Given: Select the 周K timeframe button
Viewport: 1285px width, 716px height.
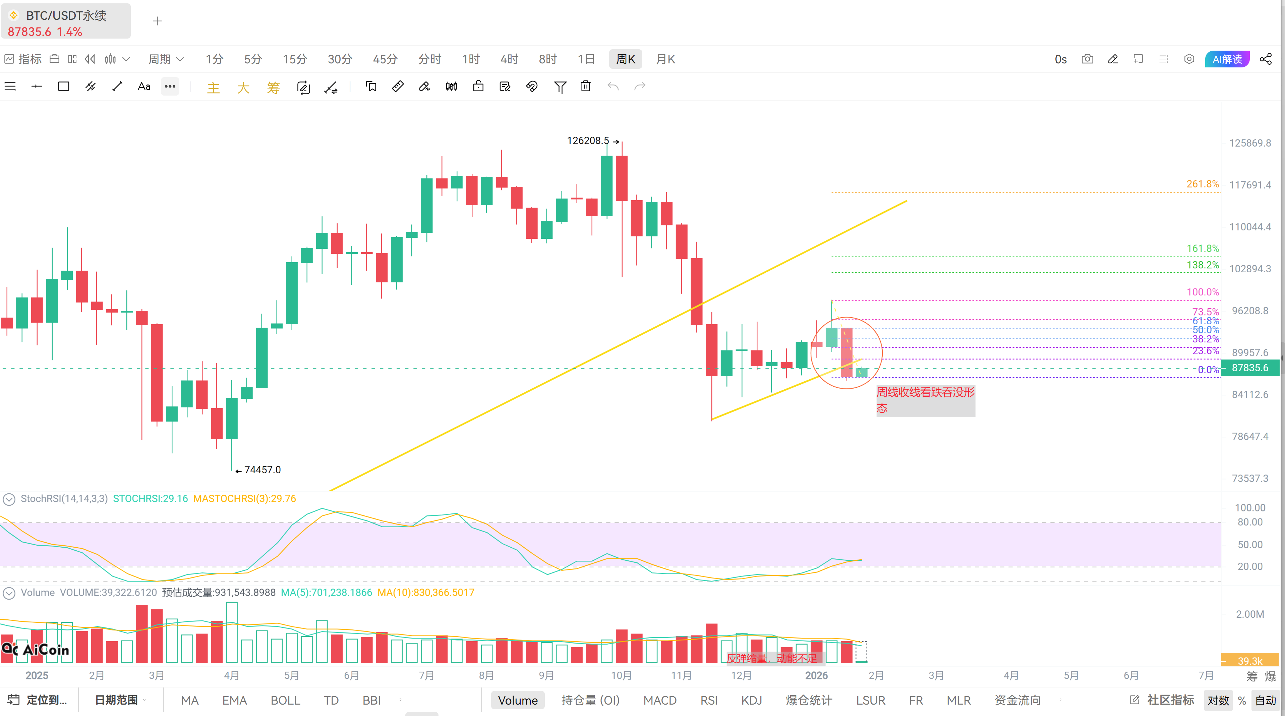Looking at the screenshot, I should [x=626, y=59].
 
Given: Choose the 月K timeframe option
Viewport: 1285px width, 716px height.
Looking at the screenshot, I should [x=665, y=59].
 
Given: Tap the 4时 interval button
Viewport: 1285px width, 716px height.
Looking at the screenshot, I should [x=509, y=59].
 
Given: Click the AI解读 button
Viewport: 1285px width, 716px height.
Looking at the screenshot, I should [x=1227, y=59].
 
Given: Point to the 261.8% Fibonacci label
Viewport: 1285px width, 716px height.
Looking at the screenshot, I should [x=1203, y=184].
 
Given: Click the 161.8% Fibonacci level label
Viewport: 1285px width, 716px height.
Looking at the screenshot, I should [x=1203, y=249].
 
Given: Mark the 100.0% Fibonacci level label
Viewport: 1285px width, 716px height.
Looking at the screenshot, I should [x=1203, y=292].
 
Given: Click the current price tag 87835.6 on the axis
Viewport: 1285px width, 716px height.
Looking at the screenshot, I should [x=1250, y=368].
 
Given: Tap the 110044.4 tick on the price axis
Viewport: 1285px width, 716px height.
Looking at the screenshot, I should [x=1250, y=227].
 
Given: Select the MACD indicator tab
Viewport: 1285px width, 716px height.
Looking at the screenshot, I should [x=660, y=701].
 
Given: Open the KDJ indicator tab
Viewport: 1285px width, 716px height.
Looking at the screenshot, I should [x=751, y=701].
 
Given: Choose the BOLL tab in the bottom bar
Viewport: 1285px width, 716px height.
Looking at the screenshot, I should [x=285, y=701].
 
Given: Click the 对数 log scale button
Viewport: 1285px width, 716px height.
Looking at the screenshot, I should [x=1218, y=701].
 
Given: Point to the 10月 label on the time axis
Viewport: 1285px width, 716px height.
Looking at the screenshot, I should [x=622, y=675].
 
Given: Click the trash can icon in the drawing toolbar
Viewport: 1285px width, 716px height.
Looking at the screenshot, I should [x=586, y=86].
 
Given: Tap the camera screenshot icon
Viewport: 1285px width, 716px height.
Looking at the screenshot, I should [x=1088, y=59].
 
